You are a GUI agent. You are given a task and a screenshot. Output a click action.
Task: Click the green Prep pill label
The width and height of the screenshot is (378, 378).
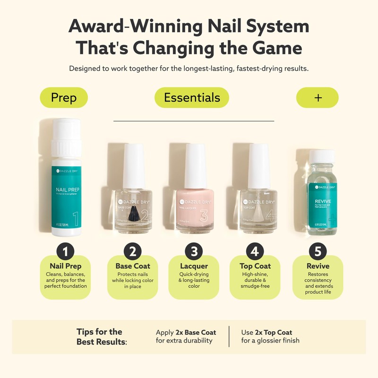coord(63,98)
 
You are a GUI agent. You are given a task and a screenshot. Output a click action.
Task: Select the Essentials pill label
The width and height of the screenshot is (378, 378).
coord(192,98)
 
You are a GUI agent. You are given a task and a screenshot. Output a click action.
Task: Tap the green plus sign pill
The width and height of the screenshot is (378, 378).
coord(318,98)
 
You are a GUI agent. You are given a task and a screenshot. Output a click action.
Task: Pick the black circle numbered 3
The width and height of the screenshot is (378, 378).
coord(194,250)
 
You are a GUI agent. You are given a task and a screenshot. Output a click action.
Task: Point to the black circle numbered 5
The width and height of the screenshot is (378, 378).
coord(317,250)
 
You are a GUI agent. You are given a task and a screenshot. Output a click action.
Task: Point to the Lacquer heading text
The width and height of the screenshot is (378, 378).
coord(194,266)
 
